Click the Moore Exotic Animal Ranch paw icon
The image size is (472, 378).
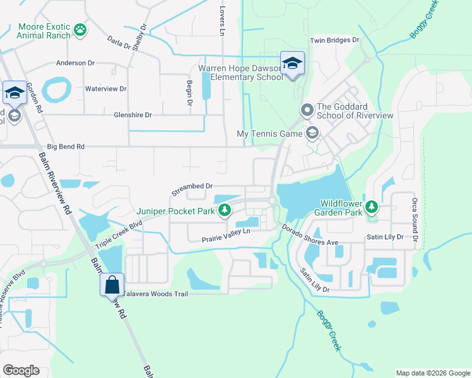click(80, 30)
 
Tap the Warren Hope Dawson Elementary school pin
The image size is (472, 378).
click(292, 64)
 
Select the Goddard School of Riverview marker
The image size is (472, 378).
click(307, 111)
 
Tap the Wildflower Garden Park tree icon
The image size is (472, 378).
click(372, 206)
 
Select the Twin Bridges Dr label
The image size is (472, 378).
click(334, 40)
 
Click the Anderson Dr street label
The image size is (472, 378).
click(75, 63)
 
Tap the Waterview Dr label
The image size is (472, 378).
click(106, 89)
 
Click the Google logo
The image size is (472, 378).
click(21, 370)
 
